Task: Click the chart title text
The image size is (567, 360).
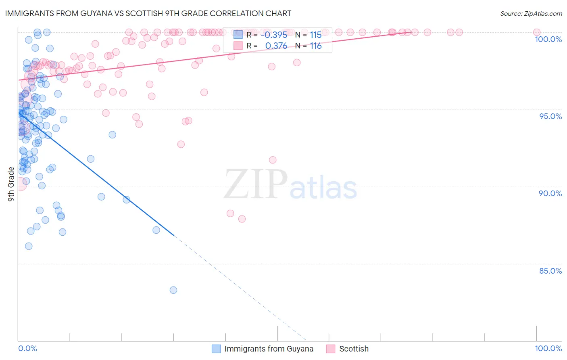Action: click(148, 13)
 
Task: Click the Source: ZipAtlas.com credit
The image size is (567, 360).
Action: click(531, 13)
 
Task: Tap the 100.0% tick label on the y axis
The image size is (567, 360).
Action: click(548, 39)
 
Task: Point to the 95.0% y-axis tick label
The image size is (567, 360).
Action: click(550, 116)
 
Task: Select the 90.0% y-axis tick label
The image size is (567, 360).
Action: click(550, 193)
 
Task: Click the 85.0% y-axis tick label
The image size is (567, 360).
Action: click(550, 271)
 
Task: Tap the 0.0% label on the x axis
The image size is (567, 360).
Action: click(27, 348)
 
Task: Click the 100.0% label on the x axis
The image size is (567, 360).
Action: click(548, 348)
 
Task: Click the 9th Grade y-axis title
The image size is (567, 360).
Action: click(11, 184)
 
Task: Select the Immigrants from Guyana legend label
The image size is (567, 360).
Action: click(269, 349)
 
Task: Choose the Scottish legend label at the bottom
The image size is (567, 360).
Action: click(354, 349)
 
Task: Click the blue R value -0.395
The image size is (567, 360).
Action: click(274, 35)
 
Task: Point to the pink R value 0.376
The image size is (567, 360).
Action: click(276, 46)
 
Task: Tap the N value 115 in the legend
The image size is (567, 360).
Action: click(316, 35)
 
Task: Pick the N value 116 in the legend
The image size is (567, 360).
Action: click(316, 46)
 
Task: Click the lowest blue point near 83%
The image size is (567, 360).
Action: click(173, 290)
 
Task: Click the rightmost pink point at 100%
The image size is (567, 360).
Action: click(536, 32)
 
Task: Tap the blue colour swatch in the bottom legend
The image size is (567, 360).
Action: click(217, 349)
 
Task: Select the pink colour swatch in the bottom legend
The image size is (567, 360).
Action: click(331, 349)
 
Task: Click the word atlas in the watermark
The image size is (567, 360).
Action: click(323, 188)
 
